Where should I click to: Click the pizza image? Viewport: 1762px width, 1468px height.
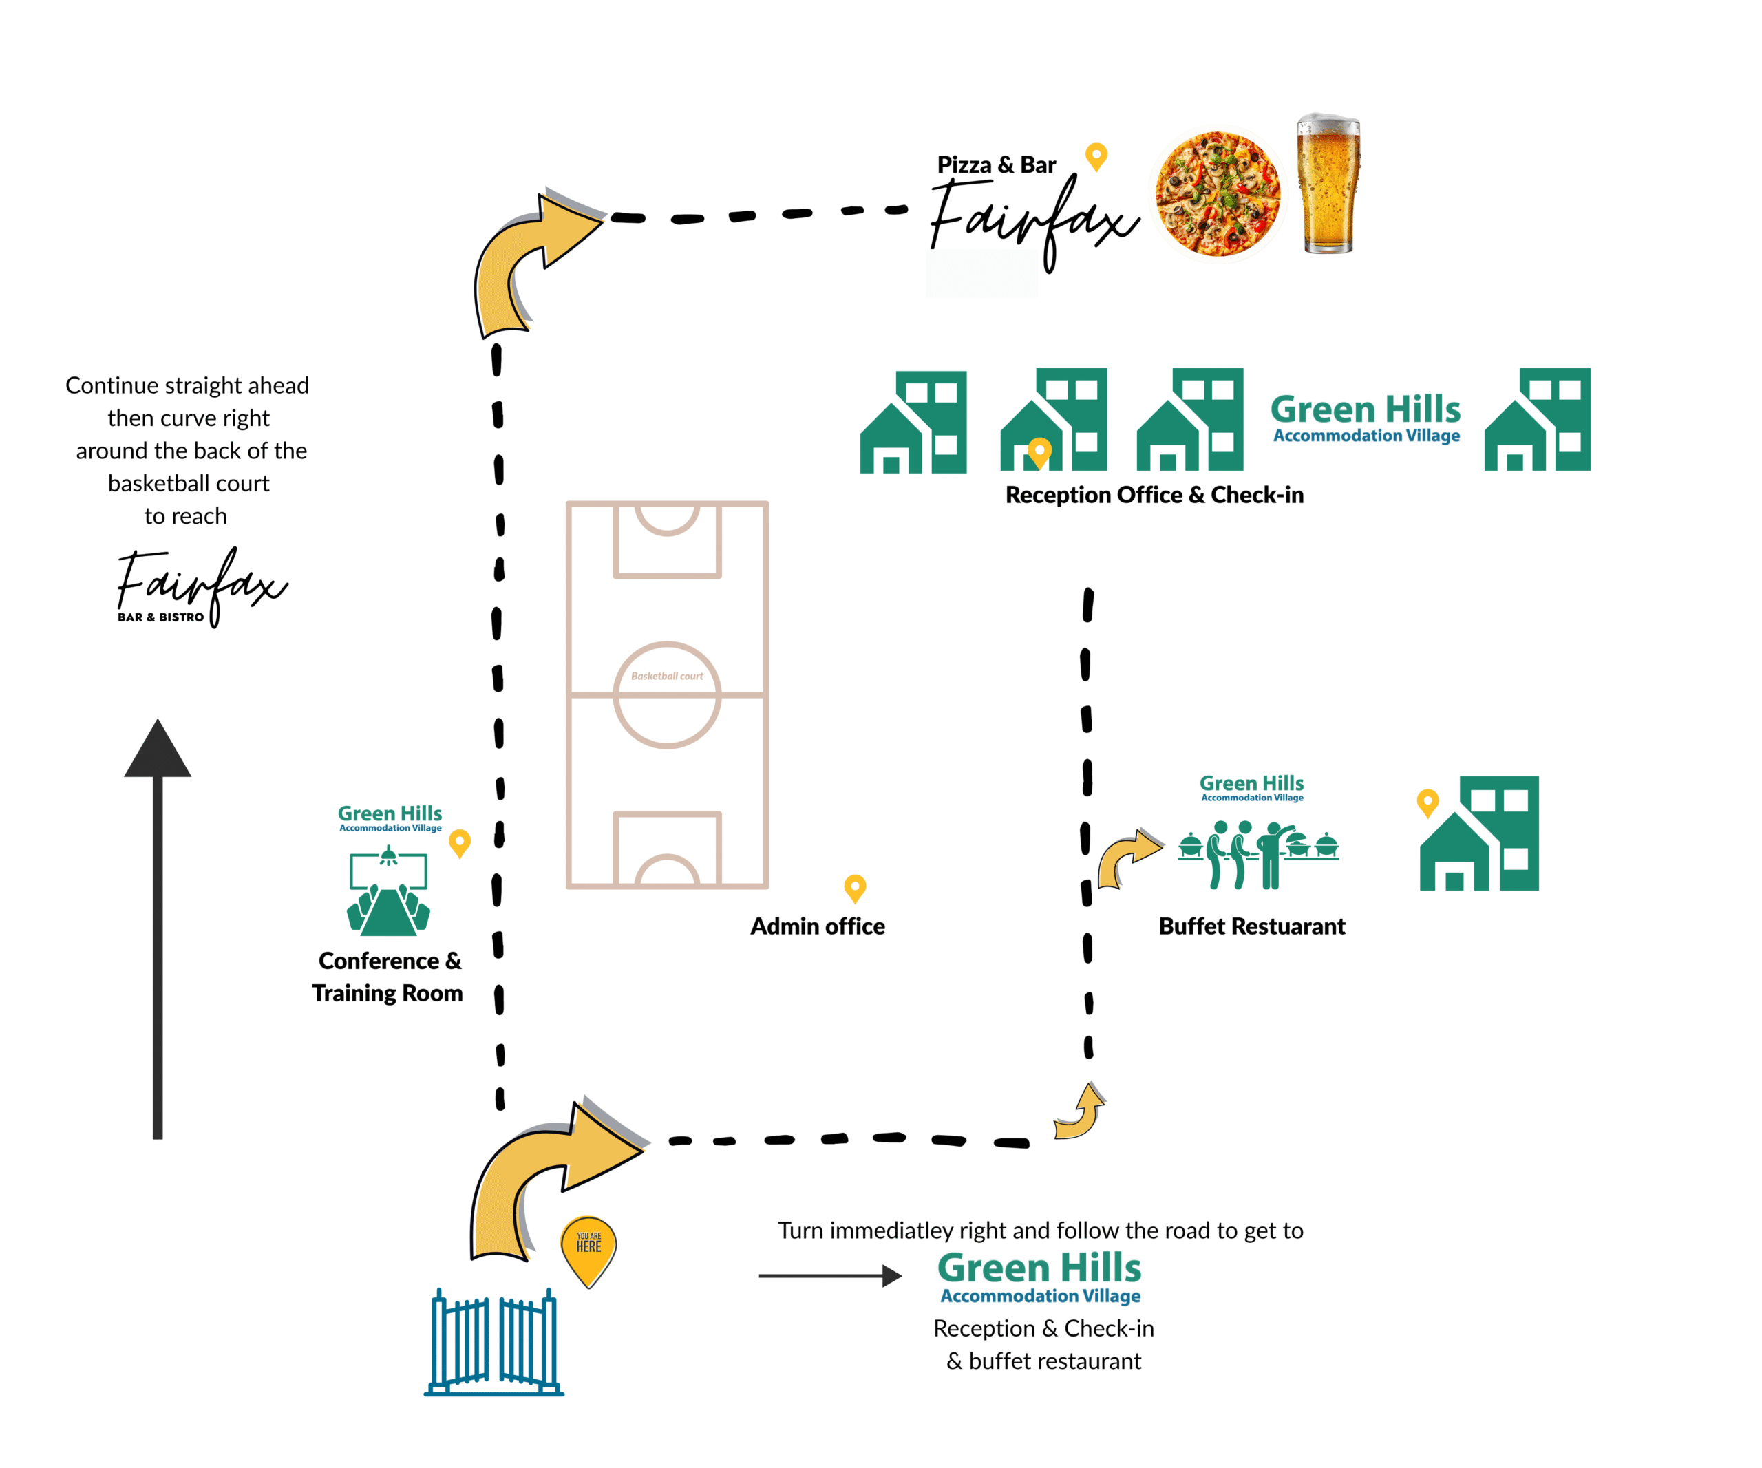[1218, 193]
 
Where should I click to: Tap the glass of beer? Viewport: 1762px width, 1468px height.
[1328, 184]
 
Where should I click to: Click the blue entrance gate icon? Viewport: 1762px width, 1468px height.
[494, 1342]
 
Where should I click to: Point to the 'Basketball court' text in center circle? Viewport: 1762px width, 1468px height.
[667, 676]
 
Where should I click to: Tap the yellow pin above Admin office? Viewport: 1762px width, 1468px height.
[854, 888]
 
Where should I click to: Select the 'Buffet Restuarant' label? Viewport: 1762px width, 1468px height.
[1251, 926]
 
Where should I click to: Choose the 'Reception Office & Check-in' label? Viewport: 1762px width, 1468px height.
[1154, 495]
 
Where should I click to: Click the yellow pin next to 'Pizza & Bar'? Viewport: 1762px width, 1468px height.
[1096, 156]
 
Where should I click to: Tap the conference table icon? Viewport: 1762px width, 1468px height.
[388, 893]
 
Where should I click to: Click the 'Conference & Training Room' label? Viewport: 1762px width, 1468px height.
[388, 977]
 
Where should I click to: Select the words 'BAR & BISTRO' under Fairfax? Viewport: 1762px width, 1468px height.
[160, 617]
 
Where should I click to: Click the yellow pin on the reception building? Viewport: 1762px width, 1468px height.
[1039, 451]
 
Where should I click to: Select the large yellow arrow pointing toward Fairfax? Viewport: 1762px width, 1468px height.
[529, 260]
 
